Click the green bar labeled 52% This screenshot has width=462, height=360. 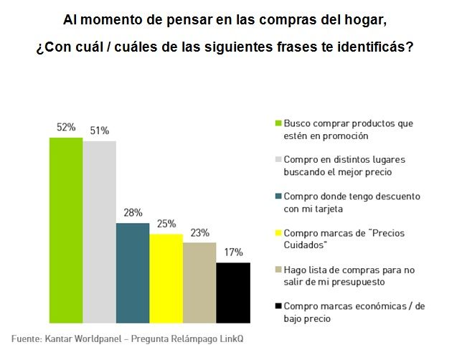pyautogui.click(x=66, y=229)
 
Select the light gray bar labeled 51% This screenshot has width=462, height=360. pyautogui.click(x=99, y=232)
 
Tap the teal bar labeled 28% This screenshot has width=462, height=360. pyautogui.click(x=133, y=273)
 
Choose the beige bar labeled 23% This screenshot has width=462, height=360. pyautogui.click(x=199, y=282)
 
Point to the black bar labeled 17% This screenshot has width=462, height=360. pyautogui.click(x=232, y=292)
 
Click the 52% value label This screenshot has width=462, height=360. pyautogui.click(x=66, y=127)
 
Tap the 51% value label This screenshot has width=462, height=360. pyautogui.click(x=99, y=131)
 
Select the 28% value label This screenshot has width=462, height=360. pyautogui.click(x=133, y=213)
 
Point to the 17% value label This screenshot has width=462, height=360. pyautogui.click(x=233, y=252)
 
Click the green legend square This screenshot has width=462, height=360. pyautogui.click(x=278, y=123)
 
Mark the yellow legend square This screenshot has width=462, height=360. pyautogui.click(x=278, y=233)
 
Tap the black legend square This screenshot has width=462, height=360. pyautogui.click(x=278, y=306)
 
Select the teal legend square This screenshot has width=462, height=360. pyautogui.click(x=278, y=196)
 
